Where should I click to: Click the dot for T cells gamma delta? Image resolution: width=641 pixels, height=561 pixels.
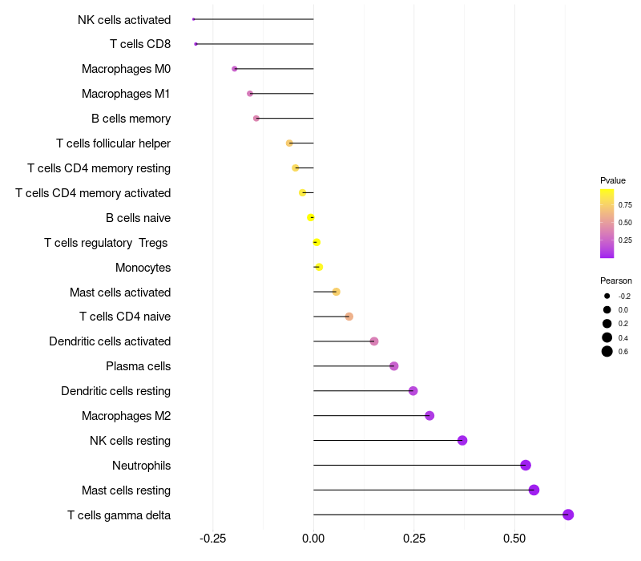pos(568,515)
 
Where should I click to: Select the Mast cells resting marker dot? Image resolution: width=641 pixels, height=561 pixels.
pos(534,490)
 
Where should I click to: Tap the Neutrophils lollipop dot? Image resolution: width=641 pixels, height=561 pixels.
pos(526,465)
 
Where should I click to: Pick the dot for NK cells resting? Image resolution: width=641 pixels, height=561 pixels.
pos(462,440)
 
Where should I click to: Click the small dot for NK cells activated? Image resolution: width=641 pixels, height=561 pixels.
pos(194,19)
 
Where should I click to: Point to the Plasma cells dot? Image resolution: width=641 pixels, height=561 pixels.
pos(393,366)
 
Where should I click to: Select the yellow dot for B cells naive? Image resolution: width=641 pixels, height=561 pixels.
pos(311,217)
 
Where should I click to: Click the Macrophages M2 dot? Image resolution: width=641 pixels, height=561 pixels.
pos(429,415)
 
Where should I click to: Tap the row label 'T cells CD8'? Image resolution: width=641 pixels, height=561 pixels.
pos(140,44)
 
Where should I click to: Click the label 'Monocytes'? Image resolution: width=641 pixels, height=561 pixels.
pos(143,267)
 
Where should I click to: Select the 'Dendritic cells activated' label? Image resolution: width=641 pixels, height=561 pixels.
pos(110,341)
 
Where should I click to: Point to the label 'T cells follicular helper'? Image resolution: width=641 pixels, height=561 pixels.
pos(113,143)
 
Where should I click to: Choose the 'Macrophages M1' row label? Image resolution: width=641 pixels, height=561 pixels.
pos(126,94)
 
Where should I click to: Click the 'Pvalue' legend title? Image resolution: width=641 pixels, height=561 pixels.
pos(613,180)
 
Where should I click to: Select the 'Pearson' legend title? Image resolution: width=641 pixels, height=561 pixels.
pos(616,280)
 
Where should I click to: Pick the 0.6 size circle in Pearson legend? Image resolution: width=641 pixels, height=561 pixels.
pos(607,351)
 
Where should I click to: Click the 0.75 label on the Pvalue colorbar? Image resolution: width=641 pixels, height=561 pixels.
pos(625,204)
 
